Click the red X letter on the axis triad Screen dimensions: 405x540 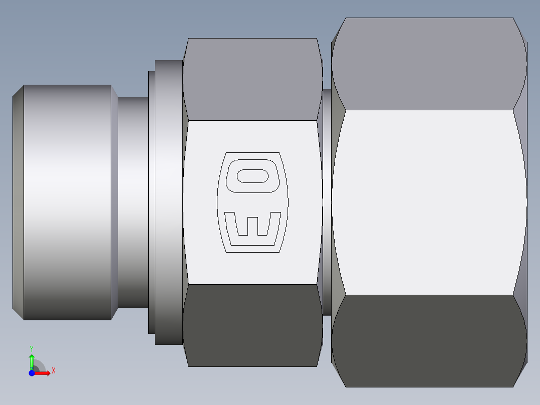point(53,371)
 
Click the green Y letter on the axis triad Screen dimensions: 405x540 point(32,348)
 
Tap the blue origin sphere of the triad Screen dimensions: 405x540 point(32,373)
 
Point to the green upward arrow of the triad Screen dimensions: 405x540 point(32,360)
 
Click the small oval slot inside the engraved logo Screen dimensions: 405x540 point(253,176)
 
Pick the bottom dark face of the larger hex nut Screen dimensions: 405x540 point(429,341)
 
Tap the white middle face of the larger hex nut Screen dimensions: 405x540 point(429,202)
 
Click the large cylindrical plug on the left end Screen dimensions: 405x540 point(67,202)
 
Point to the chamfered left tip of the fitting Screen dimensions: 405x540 point(18,202)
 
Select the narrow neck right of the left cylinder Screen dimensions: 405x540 point(133,202)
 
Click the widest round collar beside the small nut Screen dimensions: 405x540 point(168,202)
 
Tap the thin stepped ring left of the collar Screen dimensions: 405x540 point(151,202)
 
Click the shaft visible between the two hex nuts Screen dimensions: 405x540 point(327,202)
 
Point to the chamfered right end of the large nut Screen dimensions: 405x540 point(523,202)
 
